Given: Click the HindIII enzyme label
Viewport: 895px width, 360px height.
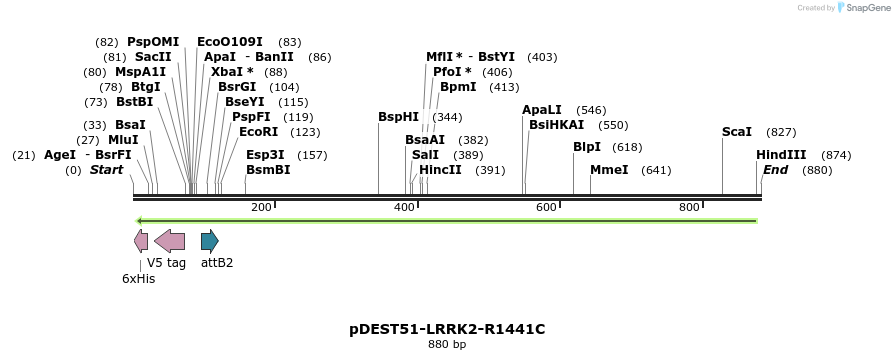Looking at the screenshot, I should point(781,155).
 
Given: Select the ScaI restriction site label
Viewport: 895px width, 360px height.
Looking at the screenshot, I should point(737,132).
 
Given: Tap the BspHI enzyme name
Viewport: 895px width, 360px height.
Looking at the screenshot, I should point(398,117).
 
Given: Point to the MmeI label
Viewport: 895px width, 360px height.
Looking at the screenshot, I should point(609,170).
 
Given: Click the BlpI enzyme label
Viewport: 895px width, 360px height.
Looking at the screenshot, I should point(587,147).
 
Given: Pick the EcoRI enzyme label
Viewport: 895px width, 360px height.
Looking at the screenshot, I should point(258,132).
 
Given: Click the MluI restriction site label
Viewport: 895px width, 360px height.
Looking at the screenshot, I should point(123,140).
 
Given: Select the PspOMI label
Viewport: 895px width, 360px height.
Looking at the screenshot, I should point(153,42).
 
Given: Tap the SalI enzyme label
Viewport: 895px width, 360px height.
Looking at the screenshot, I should point(425,155).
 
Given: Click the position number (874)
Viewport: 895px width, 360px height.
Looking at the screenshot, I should point(835,155).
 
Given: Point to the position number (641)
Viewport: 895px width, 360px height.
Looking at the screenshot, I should point(656,170).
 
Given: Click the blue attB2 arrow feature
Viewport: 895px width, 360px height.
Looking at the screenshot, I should point(209,241).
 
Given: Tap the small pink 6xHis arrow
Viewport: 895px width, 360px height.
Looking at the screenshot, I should point(141,241).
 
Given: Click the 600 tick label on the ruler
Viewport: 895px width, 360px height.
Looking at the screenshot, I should point(545,207).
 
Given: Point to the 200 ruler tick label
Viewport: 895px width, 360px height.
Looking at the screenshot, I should point(261,207).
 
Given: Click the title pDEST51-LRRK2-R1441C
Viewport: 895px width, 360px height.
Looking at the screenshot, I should point(447,329).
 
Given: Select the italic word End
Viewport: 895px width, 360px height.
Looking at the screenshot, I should point(775,170).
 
